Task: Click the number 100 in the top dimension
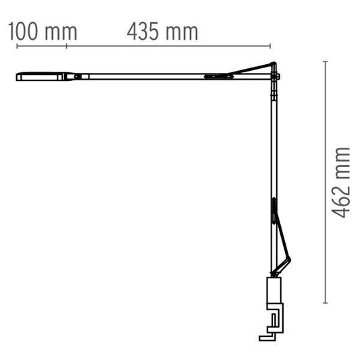point(26,31)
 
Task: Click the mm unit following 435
point(181,31)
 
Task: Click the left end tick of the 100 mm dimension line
point(16,46)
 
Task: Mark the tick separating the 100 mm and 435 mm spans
point(67,46)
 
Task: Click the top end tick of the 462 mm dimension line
point(326,61)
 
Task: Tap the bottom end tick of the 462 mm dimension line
point(326,302)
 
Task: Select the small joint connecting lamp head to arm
point(78,76)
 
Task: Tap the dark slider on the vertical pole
point(274,209)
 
